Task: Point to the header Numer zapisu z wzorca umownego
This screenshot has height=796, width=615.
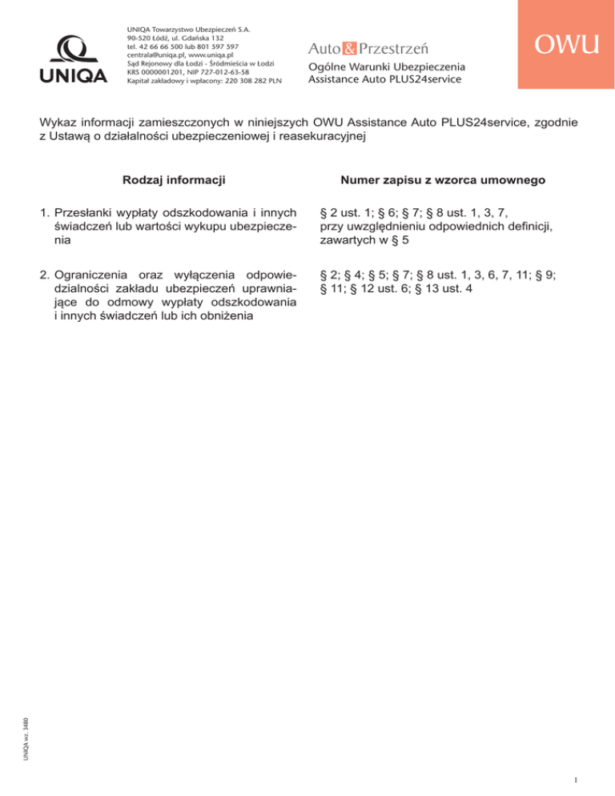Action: pyautogui.click(x=443, y=181)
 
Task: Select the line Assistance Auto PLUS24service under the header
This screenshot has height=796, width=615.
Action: pyautogui.click(x=384, y=79)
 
